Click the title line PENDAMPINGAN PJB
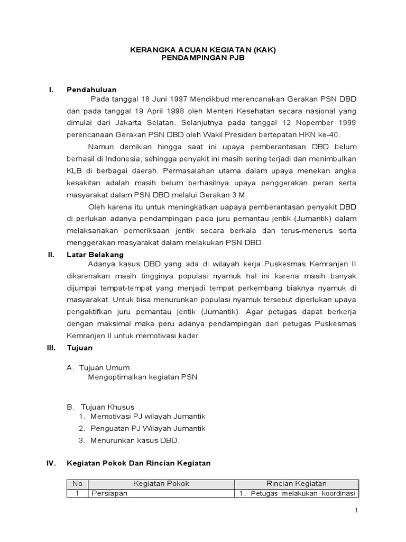(202, 59)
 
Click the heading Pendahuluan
(91, 89)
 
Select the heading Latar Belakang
(95, 255)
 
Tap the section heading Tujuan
(79, 348)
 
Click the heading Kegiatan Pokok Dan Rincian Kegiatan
(139, 463)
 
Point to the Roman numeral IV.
(52, 463)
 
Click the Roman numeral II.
(51, 255)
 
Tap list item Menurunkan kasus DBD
(135, 440)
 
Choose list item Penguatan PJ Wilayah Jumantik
(147, 428)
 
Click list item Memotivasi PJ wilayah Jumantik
(147, 417)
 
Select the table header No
(78, 483)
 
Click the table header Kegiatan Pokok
(161, 483)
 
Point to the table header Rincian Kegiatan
(296, 483)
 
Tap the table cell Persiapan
(109, 494)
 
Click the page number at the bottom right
(356, 510)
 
